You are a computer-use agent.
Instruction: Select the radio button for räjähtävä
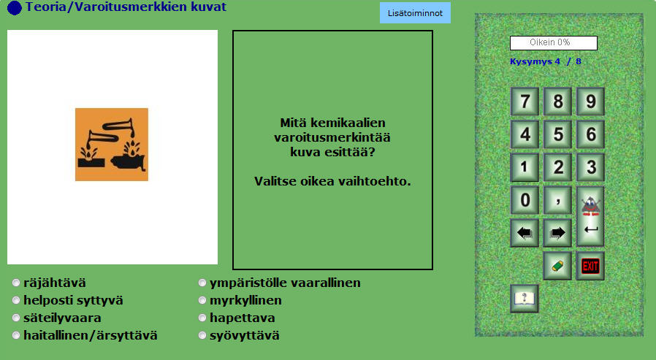[x=16, y=283]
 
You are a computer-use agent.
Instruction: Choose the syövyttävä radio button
[x=202, y=335]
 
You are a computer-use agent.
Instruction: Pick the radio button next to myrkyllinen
[x=202, y=300]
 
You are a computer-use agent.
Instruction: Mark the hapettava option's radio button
[x=202, y=318]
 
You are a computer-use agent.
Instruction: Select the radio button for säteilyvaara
[x=16, y=318]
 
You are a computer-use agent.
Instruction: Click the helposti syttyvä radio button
[x=16, y=300]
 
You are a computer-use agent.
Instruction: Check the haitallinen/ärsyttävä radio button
[x=16, y=335]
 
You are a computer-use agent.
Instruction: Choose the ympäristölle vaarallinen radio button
[x=202, y=283]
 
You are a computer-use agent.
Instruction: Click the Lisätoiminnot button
[x=415, y=13]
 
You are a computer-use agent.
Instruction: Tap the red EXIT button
[x=590, y=266]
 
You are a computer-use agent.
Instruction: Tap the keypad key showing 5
[x=557, y=134]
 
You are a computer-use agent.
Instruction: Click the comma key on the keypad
[x=557, y=200]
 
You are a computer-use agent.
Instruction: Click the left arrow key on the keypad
[x=525, y=233]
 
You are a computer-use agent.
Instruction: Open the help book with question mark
[x=525, y=299]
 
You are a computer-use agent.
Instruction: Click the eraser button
[x=557, y=266]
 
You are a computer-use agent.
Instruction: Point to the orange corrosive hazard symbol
[x=112, y=145]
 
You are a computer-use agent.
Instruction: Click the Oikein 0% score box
[x=554, y=42]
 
